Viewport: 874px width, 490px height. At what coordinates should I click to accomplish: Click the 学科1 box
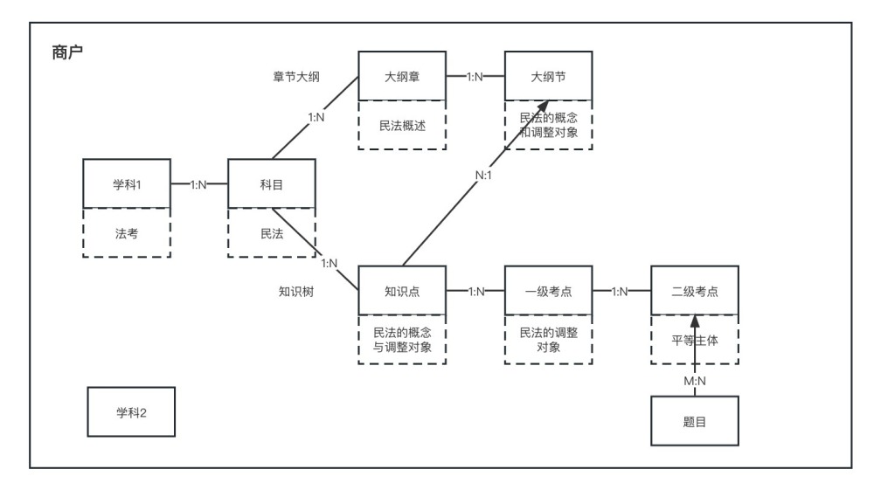[x=126, y=183]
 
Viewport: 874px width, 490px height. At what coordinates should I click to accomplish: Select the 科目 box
[x=271, y=183]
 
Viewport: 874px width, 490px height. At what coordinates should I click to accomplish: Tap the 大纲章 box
[x=402, y=77]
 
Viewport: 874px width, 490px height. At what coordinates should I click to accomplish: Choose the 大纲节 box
[x=548, y=77]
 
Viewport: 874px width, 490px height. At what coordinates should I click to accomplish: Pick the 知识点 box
[x=402, y=291]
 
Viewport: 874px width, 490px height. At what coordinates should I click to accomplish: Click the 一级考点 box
[x=548, y=291]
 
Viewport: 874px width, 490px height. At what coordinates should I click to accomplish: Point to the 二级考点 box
[x=695, y=291]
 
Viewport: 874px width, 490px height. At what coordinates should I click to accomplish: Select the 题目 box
[x=695, y=420]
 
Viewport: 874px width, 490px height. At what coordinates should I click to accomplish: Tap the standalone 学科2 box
[x=131, y=412]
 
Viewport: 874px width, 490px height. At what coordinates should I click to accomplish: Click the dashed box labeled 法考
[x=126, y=233]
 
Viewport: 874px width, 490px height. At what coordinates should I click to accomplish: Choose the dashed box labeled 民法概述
[x=402, y=126]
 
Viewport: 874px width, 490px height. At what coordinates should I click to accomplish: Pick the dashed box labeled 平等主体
[x=695, y=340]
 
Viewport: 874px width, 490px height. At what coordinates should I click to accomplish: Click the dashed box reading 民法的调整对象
[x=548, y=340]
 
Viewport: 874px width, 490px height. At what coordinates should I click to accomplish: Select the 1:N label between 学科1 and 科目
[x=199, y=184]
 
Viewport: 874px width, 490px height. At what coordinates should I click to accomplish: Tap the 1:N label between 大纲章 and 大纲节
[x=475, y=77]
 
